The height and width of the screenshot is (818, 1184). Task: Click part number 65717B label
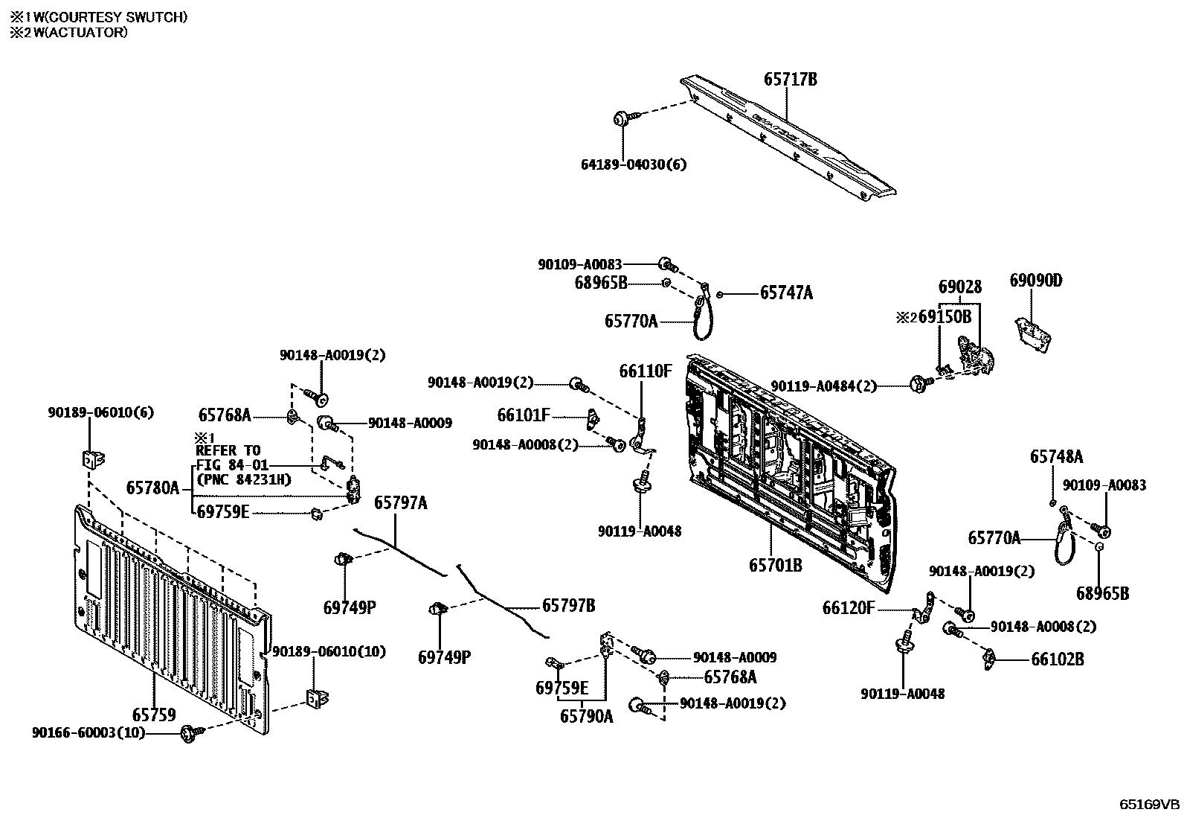(x=790, y=79)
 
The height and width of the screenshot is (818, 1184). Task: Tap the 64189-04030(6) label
(x=634, y=164)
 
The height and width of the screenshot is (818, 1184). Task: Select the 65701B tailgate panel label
(x=775, y=566)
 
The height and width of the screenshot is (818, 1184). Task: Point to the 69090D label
(x=1036, y=281)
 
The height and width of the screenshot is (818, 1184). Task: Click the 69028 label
(x=959, y=287)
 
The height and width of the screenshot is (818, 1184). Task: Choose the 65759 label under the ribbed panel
(x=154, y=715)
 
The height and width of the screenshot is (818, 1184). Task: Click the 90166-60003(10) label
(x=89, y=733)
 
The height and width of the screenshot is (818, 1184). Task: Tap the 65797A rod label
(x=400, y=503)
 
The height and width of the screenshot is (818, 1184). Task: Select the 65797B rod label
(x=568, y=605)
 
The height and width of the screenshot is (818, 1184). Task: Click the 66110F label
(x=646, y=371)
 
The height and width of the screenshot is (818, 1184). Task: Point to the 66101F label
(x=524, y=415)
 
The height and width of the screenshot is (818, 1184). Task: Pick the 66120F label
(x=849, y=608)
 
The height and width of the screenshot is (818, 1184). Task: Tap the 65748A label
(x=1056, y=457)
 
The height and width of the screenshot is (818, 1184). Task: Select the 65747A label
(x=786, y=293)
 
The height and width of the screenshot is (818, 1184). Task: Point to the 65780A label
(x=152, y=488)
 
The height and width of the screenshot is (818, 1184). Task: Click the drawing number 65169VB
(x=1150, y=804)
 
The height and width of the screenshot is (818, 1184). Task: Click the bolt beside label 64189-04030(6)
(x=623, y=118)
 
